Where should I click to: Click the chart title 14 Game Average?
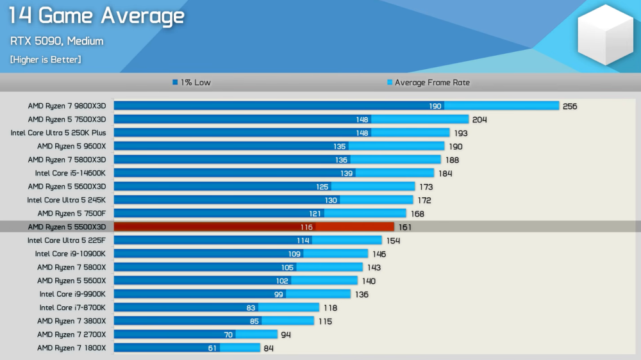(97, 16)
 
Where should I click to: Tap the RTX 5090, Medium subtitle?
(56, 41)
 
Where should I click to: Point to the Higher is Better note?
(46, 60)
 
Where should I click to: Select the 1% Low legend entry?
(192, 83)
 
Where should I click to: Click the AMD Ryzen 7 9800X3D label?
(67, 106)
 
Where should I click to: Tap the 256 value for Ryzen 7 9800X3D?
(570, 106)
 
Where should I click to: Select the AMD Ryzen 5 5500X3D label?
(67, 227)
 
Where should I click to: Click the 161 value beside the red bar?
(404, 227)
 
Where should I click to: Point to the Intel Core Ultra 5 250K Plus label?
(58, 133)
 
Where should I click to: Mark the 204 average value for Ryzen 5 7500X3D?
(479, 120)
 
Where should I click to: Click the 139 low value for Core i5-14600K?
(347, 173)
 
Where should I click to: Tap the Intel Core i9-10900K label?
(71, 254)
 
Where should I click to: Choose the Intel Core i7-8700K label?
(72, 307)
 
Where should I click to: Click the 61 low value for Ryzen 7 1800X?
(212, 348)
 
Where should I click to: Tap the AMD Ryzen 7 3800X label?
(71, 321)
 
